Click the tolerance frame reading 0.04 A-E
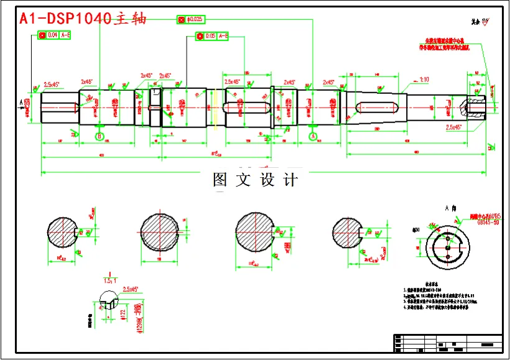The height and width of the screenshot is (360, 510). [x=54, y=35]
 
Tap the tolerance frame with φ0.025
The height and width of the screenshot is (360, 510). [x=190, y=20]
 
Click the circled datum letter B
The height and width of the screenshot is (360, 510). [x=98, y=136]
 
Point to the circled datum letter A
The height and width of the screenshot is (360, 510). [x=313, y=136]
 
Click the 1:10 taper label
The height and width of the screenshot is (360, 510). [x=425, y=80]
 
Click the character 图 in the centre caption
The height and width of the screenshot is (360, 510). [x=221, y=180]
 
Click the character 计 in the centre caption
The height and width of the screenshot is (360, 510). [x=290, y=180]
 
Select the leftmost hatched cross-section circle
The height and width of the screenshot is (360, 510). [x=62, y=234]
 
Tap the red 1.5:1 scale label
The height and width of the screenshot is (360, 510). [x=110, y=281]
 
